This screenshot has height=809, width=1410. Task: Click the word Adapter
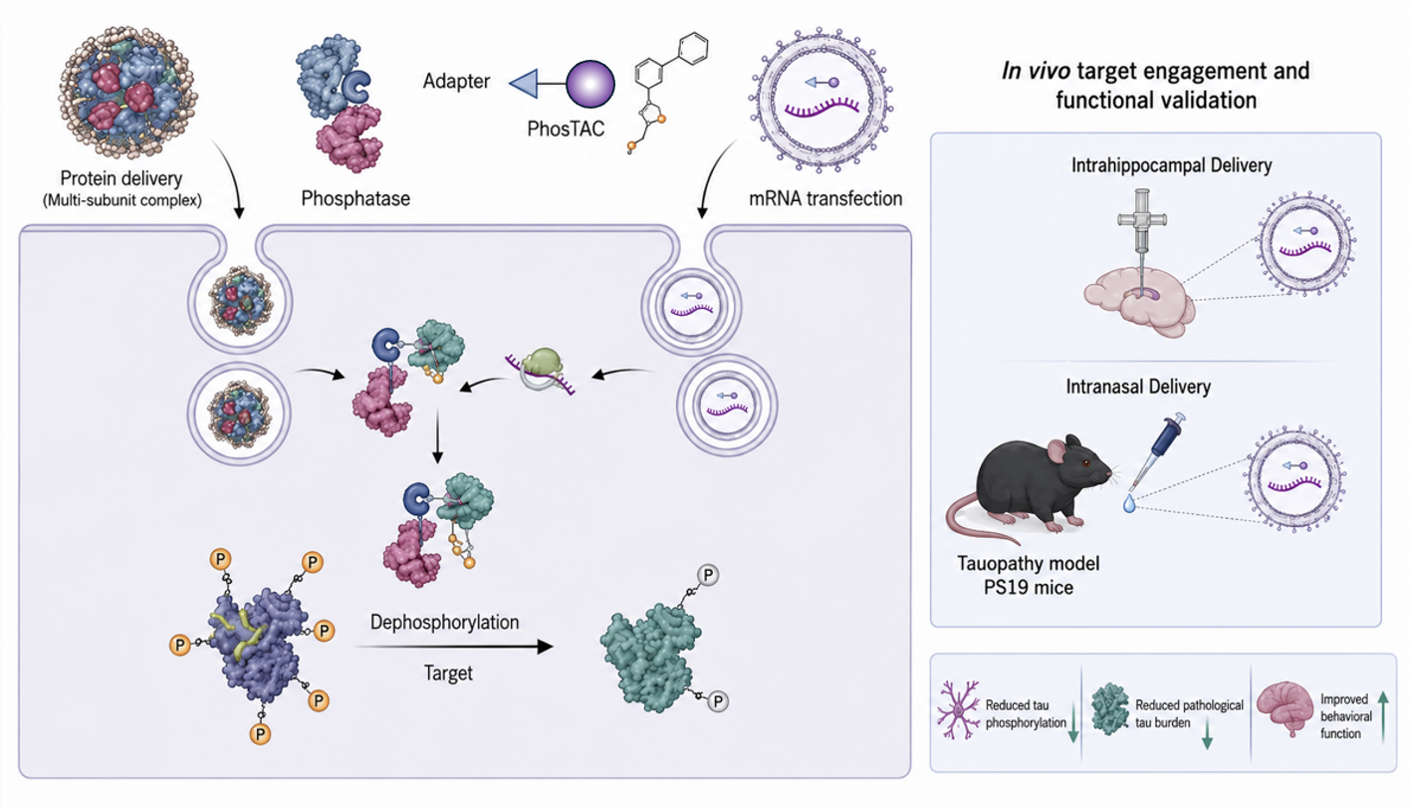(456, 82)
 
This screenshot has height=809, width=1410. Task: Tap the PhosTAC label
(566, 130)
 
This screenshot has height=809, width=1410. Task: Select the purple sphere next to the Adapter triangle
(589, 84)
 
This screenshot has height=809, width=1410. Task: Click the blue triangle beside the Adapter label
(524, 84)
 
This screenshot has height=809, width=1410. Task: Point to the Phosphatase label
(355, 199)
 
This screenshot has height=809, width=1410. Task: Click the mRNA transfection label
(825, 199)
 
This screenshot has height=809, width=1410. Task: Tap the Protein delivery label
(121, 178)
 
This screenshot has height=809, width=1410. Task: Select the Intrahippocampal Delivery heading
(1171, 165)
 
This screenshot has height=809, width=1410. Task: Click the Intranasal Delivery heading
(1138, 386)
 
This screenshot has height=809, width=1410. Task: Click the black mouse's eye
(1085, 464)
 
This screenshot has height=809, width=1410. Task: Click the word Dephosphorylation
(444, 622)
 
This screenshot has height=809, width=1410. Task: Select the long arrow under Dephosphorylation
(453, 647)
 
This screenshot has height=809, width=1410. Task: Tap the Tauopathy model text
(1028, 563)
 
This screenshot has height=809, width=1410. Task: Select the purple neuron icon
(958, 710)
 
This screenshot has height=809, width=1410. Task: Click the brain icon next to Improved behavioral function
(1286, 708)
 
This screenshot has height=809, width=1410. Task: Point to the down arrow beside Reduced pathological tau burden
(1207, 734)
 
